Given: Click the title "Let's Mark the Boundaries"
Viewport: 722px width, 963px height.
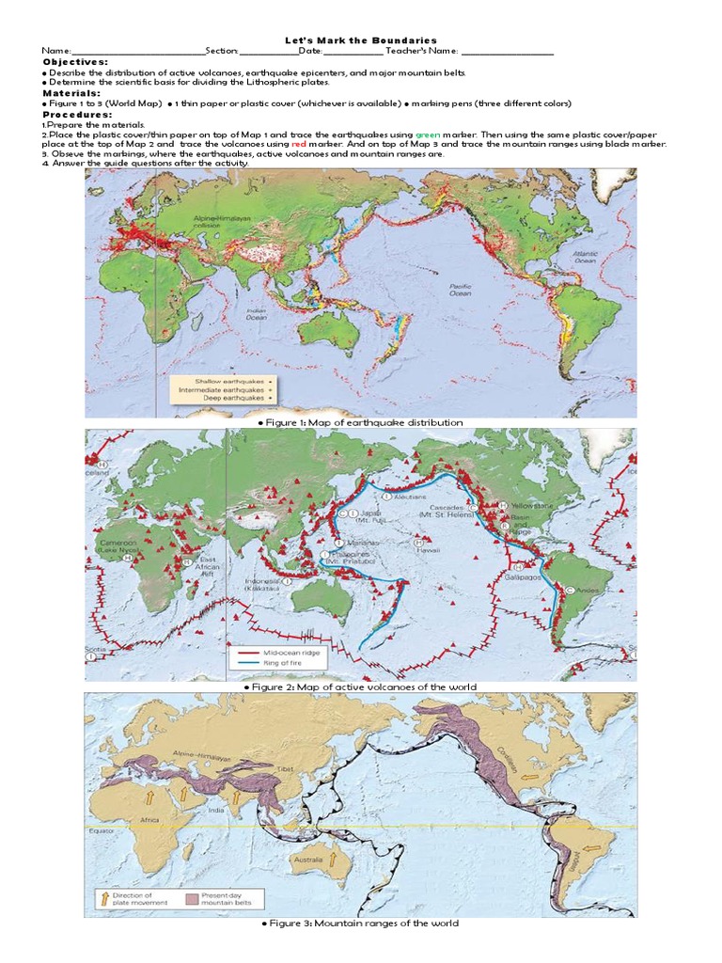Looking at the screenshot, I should (x=361, y=40).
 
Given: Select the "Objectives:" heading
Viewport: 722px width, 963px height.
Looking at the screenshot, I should (x=75, y=61).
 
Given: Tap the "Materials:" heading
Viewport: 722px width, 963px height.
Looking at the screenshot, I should (x=71, y=93).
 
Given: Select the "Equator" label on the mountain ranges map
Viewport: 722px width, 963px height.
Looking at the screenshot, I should (x=102, y=830).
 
